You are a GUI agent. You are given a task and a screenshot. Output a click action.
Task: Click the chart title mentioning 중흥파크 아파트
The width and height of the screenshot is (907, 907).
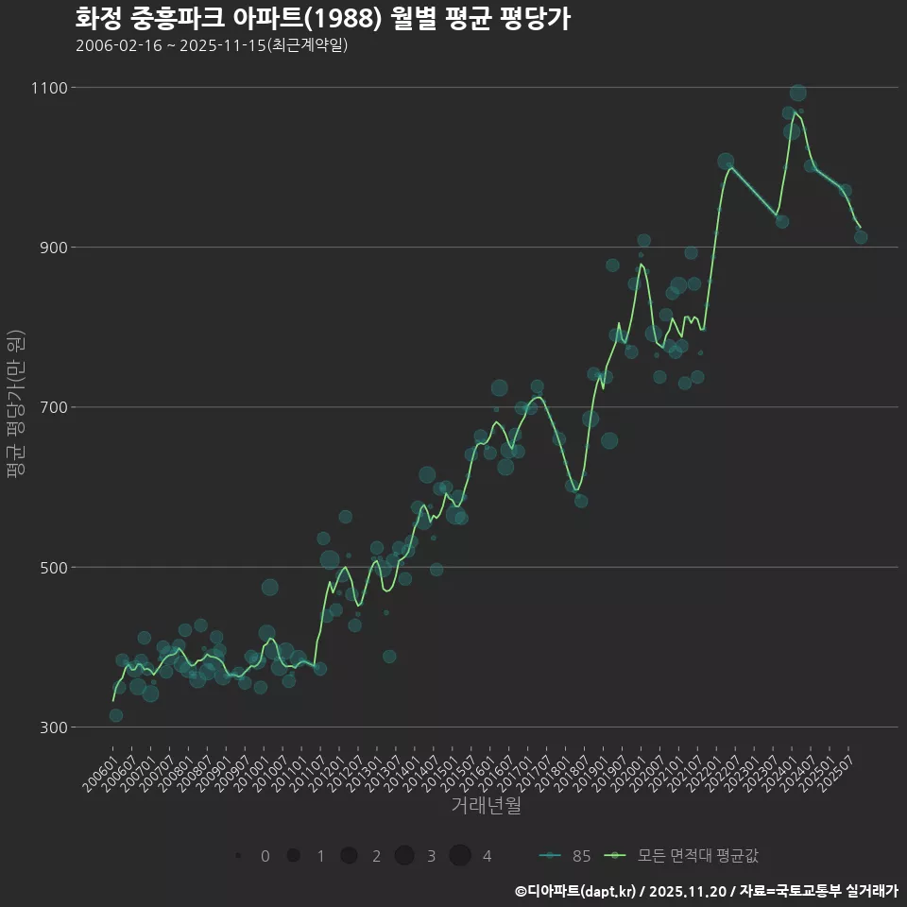tap(322, 19)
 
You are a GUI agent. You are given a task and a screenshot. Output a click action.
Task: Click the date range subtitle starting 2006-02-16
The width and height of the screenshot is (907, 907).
tap(212, 45)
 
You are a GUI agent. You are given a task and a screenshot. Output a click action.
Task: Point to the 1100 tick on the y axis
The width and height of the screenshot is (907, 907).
tap(49, 88)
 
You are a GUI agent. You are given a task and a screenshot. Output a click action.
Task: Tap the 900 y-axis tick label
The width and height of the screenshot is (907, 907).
tap(53, 248)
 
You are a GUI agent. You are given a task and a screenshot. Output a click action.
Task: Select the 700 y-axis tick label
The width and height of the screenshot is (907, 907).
tap(53, 407)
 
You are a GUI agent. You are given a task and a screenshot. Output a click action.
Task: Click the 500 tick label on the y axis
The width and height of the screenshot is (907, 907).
tap(53, 567)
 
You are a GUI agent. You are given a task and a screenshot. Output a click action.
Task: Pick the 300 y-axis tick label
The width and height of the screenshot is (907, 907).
tap(53, 727)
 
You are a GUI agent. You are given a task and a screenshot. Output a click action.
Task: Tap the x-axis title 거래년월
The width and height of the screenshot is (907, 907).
tap(486, 805)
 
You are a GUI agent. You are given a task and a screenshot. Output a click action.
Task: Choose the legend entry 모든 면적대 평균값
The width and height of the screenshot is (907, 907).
tap(684, 856)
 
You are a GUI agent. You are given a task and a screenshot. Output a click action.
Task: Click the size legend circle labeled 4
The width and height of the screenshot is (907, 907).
tap(460, 856)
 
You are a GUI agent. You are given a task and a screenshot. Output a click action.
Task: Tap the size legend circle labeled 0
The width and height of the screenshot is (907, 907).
tap(238, 856)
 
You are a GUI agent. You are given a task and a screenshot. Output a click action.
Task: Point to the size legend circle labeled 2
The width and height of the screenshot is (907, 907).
tap(349, 856)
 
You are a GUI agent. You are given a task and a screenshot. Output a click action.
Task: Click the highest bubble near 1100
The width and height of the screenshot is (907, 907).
tap(797, 93)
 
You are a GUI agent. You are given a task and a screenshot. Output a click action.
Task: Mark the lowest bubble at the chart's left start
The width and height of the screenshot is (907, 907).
tap(115, 715)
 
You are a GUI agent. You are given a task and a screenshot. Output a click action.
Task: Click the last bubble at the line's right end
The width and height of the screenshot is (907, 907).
tap(861, 237)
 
